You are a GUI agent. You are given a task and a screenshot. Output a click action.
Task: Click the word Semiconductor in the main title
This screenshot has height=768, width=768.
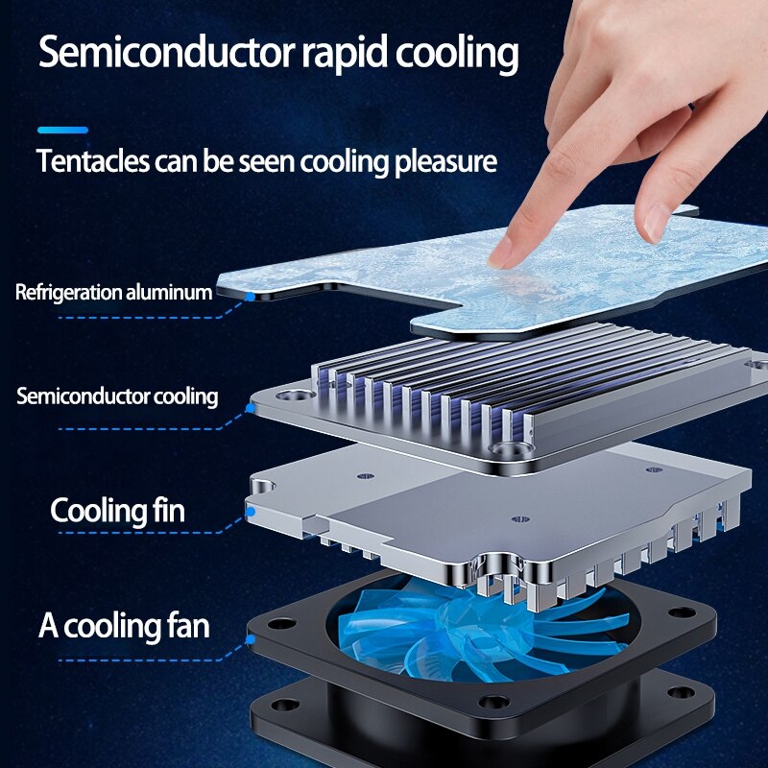pyautogui.click(x=166, y=52)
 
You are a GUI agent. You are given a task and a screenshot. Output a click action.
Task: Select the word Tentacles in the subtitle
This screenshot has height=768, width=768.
pyautogui.click(x=92, y=160)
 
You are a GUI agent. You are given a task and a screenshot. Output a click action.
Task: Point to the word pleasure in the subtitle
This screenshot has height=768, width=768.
pyautogui.click(x=445, y=162)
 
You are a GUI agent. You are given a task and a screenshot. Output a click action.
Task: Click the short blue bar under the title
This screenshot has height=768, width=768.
pyautogui.click(x=62, y=131)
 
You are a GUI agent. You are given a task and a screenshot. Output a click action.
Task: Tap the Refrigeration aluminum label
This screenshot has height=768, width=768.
pyautogui.click(x=113, y=293)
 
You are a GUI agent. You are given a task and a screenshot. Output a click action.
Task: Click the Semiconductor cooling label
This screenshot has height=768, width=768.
pyautogui.click(x=117, y=396)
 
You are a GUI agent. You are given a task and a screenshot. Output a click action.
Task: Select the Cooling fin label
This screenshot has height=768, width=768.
pyautogui.click(x=117, y=510)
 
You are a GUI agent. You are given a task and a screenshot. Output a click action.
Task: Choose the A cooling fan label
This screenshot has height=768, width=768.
pyautogui.click(x=124, y=626)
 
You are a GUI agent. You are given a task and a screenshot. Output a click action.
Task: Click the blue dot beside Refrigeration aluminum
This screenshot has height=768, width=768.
pyautogui.click(x=251, y=297)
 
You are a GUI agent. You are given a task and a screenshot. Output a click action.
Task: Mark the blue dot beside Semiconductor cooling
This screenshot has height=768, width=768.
pyautogui.click(x=251, y=407)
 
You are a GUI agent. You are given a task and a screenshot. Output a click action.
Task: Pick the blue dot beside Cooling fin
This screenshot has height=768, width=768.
pyautogui.click(x=251, y=512)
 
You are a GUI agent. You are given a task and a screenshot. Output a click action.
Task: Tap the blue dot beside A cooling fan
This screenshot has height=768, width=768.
pyautogui.click(x=251, y=639)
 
